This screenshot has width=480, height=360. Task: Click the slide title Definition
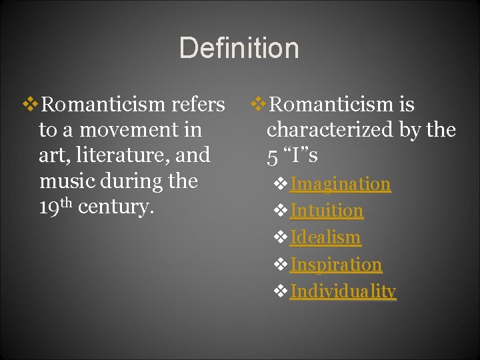239,49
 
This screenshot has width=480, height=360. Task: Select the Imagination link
340,184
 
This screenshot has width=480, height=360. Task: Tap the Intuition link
326,211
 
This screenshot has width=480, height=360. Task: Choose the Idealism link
325,237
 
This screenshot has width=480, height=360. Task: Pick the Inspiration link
335,265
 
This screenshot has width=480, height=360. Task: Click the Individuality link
343,291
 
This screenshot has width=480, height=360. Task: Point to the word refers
198,105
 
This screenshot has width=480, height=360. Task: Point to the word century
115,207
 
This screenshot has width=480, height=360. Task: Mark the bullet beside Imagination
281,185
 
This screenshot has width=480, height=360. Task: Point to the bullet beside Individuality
281,292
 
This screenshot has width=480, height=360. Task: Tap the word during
127,181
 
